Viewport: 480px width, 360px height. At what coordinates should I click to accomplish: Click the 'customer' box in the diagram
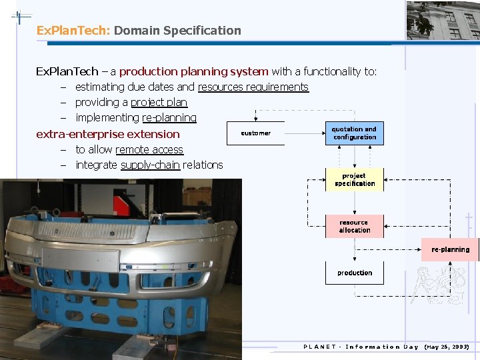click(256, 133)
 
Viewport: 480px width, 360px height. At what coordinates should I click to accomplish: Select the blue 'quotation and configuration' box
click(354, 133)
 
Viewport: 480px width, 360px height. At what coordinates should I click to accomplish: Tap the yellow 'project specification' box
click(354, 180)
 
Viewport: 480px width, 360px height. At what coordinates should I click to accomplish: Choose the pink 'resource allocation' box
click(354, 227)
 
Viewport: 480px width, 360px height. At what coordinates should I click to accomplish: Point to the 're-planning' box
click(450, 250)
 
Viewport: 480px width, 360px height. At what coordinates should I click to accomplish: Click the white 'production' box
click(354, 273)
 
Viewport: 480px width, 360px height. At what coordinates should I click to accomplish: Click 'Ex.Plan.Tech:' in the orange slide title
click(73, 31)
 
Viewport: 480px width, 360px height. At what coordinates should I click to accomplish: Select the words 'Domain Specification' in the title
click(177, 31)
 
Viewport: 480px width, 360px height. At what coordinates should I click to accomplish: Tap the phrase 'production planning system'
click(193, 71)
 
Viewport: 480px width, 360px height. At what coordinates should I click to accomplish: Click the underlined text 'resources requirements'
click(253, 87)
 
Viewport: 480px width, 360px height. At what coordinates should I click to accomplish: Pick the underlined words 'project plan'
click(159, 102)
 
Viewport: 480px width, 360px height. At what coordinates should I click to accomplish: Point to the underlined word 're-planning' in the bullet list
click(169, 117)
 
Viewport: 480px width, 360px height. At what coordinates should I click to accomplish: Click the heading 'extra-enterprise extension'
click(107, 134)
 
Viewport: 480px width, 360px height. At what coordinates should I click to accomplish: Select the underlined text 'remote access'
click(149, 149)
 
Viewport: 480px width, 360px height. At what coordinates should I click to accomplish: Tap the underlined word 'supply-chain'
click(150, 165)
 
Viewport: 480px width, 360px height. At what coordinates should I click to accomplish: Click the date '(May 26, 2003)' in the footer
click(447, 347)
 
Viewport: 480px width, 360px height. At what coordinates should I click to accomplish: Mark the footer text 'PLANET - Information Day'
click(361, 347)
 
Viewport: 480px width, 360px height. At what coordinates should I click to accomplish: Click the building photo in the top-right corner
click(443, 20)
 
